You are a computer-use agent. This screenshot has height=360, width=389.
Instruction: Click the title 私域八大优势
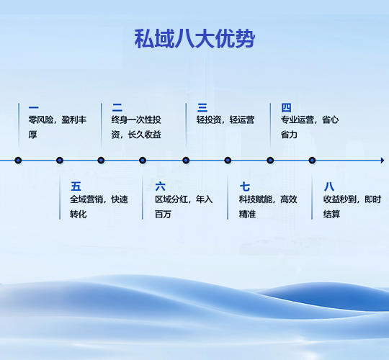pos(194,38)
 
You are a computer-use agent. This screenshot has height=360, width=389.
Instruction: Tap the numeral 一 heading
pos(33,107)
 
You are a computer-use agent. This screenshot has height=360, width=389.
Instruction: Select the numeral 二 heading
pos(117,107)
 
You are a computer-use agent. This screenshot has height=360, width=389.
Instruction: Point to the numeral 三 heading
pos(202,107)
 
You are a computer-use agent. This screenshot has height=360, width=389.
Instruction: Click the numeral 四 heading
pos(286,107)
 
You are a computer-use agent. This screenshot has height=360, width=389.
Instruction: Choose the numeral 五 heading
pos(76,186)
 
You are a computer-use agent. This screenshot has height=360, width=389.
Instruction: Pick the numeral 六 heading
pos(160,186)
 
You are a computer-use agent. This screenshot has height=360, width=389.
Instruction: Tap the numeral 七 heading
pos(245,186)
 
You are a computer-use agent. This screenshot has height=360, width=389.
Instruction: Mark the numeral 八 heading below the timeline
pos(329,186)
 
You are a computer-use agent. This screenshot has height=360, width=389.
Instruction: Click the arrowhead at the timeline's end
pos(383,161)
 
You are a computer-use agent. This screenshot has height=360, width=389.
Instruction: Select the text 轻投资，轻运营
pos(225,120)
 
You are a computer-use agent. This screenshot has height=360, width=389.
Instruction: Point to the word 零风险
pos(40,120)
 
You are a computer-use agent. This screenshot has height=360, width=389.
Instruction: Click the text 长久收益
pos(144,135)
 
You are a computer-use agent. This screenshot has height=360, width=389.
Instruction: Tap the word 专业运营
pos(298,120)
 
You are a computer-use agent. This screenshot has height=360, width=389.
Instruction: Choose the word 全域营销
pos(86,199)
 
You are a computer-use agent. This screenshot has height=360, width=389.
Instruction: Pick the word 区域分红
pos(171,199)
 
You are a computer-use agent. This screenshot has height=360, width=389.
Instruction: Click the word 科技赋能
pos(256,199)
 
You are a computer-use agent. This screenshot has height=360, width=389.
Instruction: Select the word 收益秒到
pos(340,199)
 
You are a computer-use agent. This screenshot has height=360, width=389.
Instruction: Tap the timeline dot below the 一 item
pos(18,161)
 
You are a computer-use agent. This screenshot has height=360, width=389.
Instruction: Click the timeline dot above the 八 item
pos(312,161)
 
